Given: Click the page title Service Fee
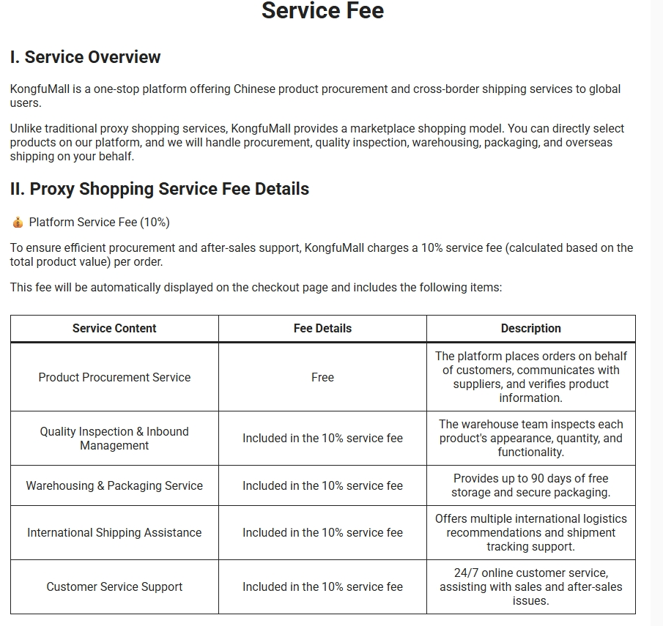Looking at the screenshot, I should point(322,11).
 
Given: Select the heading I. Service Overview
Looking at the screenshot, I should point(85,57).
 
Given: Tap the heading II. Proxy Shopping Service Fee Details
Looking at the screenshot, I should point(160,189).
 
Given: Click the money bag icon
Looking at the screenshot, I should point(18,223).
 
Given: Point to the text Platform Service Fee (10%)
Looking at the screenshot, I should point(99,223).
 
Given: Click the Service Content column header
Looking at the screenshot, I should point(114,329).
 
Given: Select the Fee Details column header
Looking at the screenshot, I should point(322,329).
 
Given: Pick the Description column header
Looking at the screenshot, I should point(530,329).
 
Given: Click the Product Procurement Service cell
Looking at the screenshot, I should point(114,377).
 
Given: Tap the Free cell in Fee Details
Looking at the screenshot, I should point(322,377).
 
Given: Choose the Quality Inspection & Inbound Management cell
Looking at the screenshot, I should point(114,439).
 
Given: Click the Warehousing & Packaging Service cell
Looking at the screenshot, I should point(114,485).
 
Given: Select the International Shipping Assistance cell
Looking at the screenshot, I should point(114,533).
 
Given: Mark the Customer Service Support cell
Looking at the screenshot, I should point(114,586).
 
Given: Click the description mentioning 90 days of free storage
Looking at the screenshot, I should point(530,485).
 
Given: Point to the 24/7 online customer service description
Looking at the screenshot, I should point(530,586).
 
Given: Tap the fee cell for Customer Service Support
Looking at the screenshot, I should point(322,586).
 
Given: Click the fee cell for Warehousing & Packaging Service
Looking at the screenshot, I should point(322,485).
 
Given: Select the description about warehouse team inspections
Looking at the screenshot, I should point(530,438).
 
